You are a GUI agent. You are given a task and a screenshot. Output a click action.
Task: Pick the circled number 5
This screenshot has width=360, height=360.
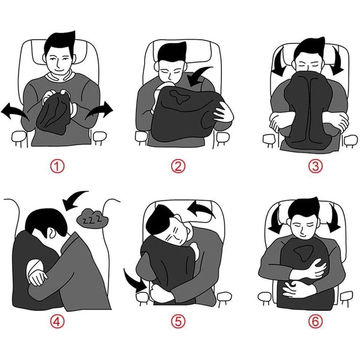click(x=178, y=321)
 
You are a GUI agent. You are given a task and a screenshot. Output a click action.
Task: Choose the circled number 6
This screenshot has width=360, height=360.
click(x=315, y=321)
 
